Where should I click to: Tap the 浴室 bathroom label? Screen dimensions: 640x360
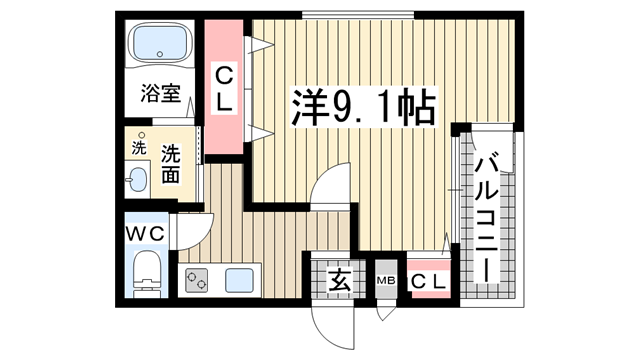(x=160, y=93)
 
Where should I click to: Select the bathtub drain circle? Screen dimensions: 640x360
(x=160, y=54)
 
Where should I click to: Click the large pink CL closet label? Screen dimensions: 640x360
(x=224, y=89)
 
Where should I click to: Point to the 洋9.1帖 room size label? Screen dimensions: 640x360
(x=363, y=107)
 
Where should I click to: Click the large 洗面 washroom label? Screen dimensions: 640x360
(x=170, y=164)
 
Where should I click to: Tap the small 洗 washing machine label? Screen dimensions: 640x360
(x=139, y=148)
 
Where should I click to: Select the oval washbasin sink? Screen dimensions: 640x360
(x=138, y=180)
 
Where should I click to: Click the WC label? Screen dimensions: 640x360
(x=145, y=234)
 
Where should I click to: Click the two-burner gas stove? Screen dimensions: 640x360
(x=196, y=280)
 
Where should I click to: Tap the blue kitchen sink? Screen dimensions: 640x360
(x=239, y=281)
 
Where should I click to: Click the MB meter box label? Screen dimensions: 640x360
(x=385, y=281)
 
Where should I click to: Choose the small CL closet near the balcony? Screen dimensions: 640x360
(x=428, y=281)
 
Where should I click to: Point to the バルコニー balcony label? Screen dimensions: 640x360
(x=487, y=217)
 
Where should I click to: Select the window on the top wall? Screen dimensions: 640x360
(x=358, y=16)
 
